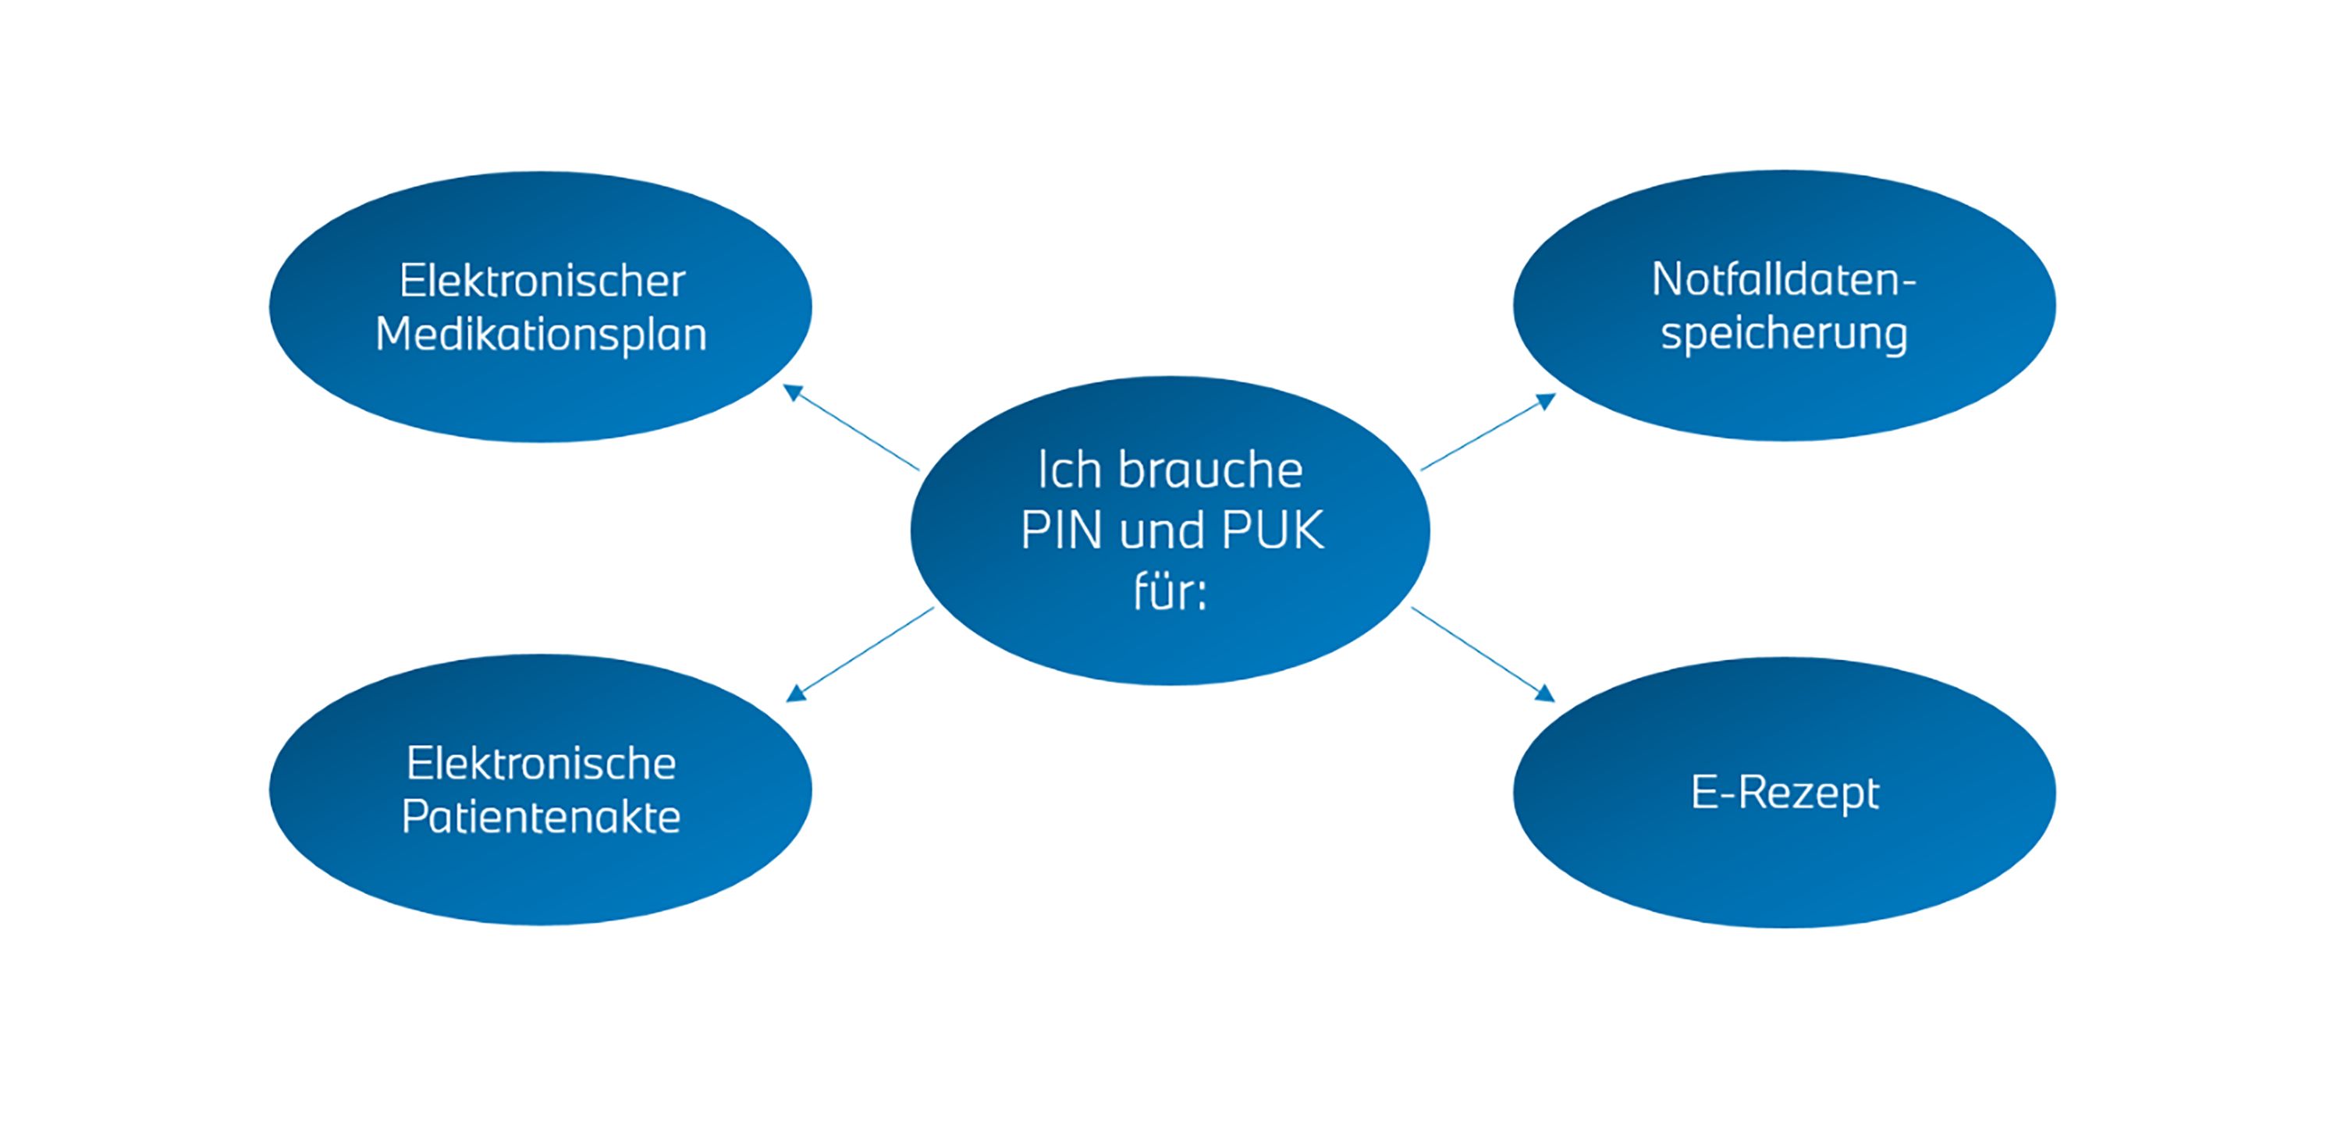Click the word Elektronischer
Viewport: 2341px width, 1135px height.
542,281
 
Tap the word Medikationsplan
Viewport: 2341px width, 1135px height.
541,335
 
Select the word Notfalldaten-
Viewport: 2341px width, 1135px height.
1783,279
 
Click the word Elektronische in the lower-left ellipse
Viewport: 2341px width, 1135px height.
541,764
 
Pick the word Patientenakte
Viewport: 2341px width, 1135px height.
541,817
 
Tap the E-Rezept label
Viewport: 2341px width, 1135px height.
1784,793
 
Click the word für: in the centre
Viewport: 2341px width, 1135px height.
1170,591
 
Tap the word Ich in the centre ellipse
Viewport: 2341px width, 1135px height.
1069,470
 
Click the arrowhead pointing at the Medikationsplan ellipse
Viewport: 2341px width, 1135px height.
794,392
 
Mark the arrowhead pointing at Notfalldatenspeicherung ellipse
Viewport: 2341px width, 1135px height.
1546,401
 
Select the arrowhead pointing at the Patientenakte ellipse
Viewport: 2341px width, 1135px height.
796,693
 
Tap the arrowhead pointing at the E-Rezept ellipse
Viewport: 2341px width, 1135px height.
1544,693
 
